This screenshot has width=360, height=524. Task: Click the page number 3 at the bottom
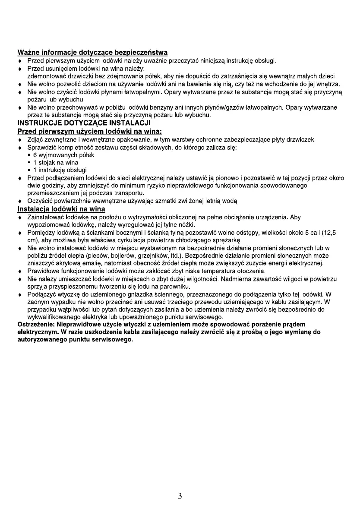[x=180, y=496]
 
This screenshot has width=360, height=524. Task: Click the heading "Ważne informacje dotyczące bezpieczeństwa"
[x=92, y=53]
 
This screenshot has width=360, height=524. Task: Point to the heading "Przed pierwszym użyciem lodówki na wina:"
[x=89, y=131]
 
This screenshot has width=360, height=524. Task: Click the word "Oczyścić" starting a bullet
[x=41, y=202]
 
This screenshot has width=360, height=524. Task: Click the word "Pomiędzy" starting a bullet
[x=42, y=233]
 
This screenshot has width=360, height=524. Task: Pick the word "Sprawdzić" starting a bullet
[x=43, y=147]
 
